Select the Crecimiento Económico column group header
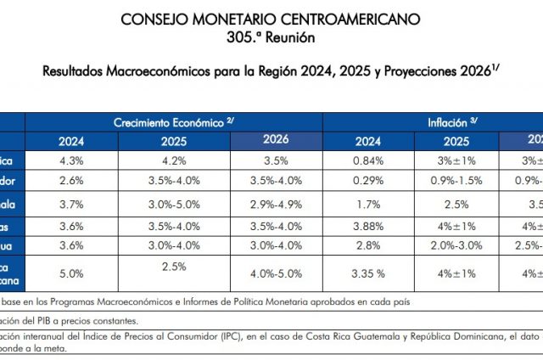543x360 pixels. click(x=173, y=123)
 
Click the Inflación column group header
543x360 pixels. click(x=451, y=123)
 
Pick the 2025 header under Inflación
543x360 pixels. click(x=456, y=142)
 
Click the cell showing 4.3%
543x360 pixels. click(x=71, y=161)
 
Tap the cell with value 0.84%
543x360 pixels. click(x=367, y=161)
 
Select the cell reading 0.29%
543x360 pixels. click(x=367, y=182)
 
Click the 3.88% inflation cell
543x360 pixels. click(x=367, y=226)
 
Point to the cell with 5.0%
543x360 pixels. click(x=71, y=273)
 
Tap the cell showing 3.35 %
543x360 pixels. click(x=367, y=273)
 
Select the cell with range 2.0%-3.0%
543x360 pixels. click(x=456, y=246)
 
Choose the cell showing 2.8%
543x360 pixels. click(x=367, y=246)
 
